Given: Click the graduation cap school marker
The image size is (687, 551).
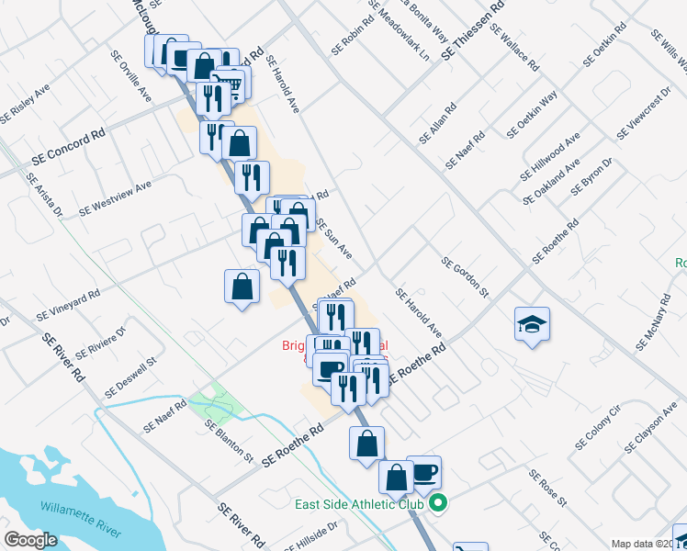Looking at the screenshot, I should point(532,324).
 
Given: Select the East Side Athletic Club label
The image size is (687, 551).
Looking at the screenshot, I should point(359,504).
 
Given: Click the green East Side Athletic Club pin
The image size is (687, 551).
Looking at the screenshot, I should point(438,503).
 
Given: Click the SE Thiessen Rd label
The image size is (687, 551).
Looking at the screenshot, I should point(473,31).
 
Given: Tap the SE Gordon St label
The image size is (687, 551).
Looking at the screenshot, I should point(465,277).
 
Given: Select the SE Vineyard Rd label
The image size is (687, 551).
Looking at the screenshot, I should point(68,306).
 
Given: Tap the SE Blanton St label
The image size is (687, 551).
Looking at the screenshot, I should point(229,440).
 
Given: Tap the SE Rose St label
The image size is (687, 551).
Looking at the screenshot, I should point(547,488).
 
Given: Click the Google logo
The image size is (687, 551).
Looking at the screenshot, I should point(30,540).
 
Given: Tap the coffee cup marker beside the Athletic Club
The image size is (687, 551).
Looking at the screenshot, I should point(424,472).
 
